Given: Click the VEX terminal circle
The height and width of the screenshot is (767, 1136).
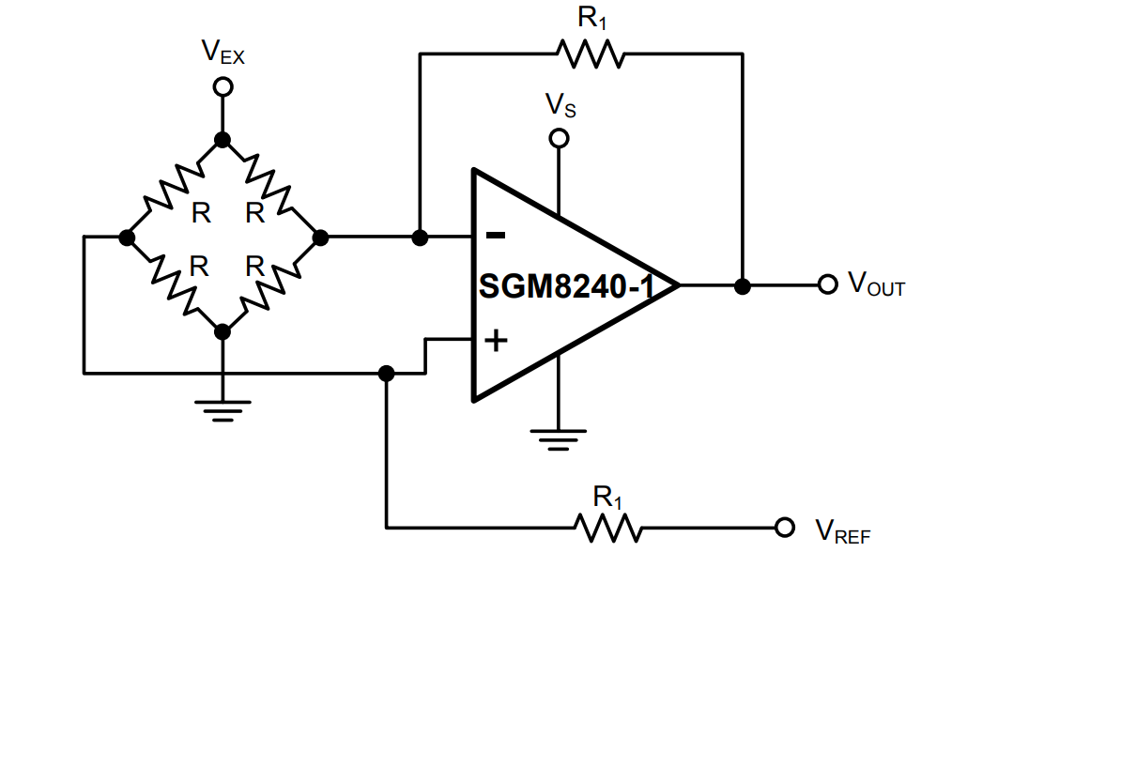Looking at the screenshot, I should coord(223,86).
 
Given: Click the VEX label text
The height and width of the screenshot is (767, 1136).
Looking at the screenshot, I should coord(223,53).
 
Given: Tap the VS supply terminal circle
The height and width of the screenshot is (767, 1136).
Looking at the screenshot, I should coord(559,139).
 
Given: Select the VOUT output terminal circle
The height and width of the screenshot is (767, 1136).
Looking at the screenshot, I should coord(827,284).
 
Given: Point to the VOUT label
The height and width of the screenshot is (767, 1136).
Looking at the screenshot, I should coord(876,284).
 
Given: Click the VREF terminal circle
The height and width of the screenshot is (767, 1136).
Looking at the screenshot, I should coord(785,528).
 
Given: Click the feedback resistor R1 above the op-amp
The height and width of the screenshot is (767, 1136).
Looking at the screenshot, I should coord(591,54).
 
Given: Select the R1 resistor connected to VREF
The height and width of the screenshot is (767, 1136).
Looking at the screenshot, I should coord(608,528).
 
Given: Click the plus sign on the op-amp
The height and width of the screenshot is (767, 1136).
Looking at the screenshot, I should coord(496,340).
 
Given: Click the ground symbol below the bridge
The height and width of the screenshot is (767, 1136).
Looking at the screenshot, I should coord(223,410).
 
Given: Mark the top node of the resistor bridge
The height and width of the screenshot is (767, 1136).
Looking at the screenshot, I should coord(223,140).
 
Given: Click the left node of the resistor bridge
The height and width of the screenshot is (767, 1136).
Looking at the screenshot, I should coord(127,238).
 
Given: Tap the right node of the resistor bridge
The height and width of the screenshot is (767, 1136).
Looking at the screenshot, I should coord(320,238).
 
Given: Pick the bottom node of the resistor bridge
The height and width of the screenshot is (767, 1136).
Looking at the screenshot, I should coord(223,331).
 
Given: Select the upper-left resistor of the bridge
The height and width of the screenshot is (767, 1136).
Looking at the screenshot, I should coord(174,188).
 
